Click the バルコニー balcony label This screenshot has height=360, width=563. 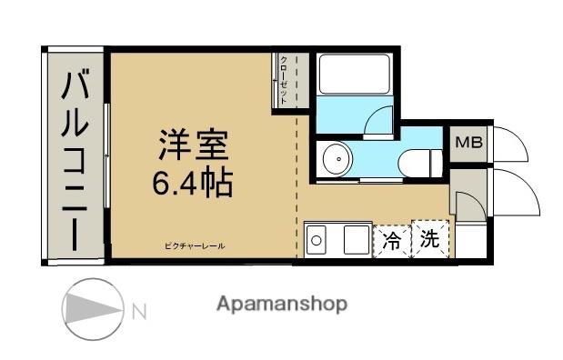point(75,160)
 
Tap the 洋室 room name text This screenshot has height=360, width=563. point(194,145)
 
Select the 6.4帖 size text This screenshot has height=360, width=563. point(193,182)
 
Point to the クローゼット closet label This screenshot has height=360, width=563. point(283,80)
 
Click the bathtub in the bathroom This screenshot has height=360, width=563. point(355,74)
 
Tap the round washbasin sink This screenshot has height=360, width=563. point(337,159)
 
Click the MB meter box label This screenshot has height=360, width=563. point(468,143)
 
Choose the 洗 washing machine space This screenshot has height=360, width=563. point(430,239)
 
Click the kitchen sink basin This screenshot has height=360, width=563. point(316,240)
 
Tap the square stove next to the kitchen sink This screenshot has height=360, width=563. point(357,240)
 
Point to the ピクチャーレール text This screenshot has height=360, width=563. point(195,246)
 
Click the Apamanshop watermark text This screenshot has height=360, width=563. point(282,305)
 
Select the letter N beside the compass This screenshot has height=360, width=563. point(139,312)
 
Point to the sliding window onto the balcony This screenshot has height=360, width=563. point(106,155)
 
